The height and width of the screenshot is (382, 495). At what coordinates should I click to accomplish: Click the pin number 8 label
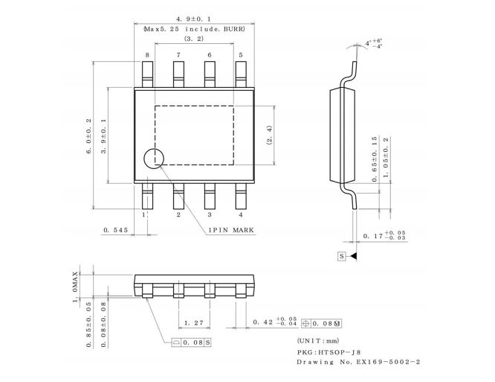[147, 55]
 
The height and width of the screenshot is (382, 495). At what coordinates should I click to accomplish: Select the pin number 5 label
[241, 55]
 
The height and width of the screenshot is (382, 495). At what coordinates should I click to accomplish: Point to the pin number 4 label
[241, 214]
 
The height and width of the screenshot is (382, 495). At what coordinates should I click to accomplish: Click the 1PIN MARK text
[231, 230]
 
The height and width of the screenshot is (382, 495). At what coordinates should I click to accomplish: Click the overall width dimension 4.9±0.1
[193, 17]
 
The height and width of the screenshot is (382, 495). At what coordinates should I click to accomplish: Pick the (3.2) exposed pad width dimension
[194, 39]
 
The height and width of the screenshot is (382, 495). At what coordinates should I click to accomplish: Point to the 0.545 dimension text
[117, 230]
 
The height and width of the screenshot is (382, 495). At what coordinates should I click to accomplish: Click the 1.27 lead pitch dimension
[194, 322]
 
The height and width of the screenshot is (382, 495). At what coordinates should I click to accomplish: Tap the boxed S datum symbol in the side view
[342, 256]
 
